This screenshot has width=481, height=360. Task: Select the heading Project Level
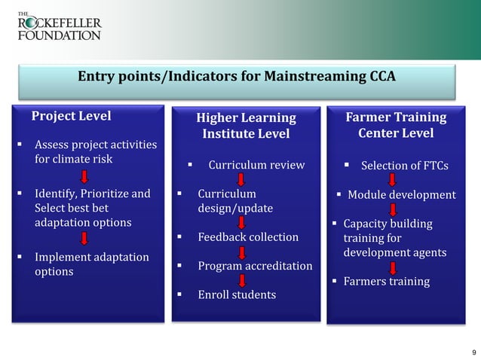[x=70, y=116]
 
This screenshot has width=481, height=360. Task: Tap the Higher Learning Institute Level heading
[x=246, y=126]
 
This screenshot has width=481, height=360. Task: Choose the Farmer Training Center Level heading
[x=395, y=125]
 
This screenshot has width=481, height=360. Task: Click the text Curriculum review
[x=256, y=165]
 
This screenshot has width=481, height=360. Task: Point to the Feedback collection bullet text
[x=248, y=237]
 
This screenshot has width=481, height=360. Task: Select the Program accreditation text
[x=255, y=266]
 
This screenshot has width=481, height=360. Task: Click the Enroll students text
[x=237, y=294]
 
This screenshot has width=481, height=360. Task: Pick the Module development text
[x=401, y=195]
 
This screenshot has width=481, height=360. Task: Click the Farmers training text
[x=386, y=282]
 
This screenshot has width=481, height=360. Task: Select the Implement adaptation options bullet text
[x=91, y=264]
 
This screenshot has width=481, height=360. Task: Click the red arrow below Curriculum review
[x=242, y=179]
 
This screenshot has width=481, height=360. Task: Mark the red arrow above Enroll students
[x=242, y=280]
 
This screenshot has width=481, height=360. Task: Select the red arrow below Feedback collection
[x=242, y=252]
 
